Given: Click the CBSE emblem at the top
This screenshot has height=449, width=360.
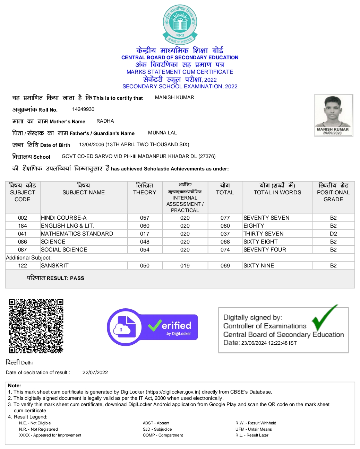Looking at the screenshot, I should pos(180,25).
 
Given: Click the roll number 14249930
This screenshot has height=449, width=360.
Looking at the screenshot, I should pos(83,109).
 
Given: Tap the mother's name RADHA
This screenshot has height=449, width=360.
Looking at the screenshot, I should pos(105,121).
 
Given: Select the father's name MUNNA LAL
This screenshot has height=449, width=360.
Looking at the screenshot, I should pos(162,133).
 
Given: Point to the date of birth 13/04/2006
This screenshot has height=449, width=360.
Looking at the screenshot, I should pos(92,145).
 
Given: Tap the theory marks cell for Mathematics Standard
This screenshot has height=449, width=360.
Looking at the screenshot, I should pos(145,234).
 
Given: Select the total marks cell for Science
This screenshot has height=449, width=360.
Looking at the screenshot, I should pos(225,242).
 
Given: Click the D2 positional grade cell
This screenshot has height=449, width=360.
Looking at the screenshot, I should pos(333,234).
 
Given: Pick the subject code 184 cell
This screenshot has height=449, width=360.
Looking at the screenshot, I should pos(23,226).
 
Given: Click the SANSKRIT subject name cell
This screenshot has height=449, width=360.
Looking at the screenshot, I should pos(55,266).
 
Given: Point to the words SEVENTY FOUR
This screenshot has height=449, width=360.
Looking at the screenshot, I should pos(265,250).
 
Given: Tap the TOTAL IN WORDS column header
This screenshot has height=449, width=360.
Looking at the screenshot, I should pos(277,193).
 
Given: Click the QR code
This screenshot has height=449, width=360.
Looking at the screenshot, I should pos(36,326).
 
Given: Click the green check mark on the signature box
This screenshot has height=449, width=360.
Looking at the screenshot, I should pos(324,317).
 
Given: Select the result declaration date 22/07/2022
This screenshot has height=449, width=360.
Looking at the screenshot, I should pos(95,373).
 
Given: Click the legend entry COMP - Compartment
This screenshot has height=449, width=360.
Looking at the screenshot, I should pos(163,435).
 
